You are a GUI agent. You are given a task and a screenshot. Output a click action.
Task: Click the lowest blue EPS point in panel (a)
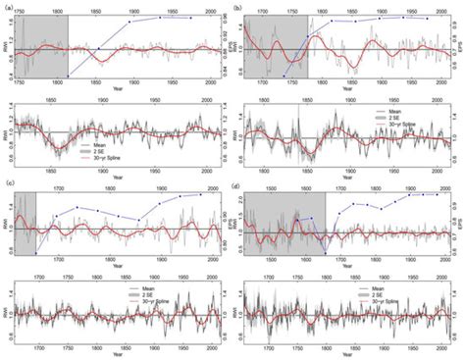pos(68,76)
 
